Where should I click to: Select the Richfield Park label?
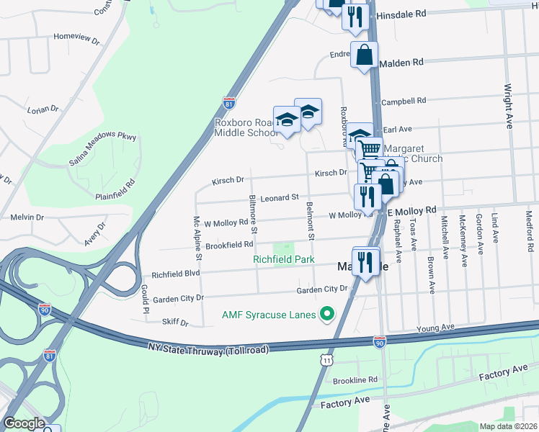coord(283,259)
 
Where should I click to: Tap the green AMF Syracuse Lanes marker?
coord(327,313)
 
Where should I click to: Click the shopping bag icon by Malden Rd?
coord(365,55)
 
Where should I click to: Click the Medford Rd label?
coord(530,230)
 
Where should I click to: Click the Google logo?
coord(24,423)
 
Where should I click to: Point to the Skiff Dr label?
coord(174,323)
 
